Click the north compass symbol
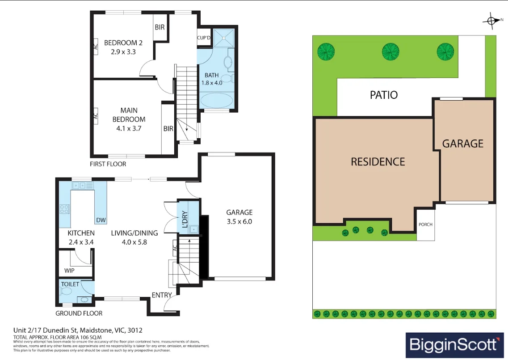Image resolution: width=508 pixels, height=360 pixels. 492,20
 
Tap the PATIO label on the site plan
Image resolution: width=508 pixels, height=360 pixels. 384,95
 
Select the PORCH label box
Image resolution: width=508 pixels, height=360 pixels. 425,224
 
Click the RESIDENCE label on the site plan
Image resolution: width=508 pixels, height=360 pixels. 378,161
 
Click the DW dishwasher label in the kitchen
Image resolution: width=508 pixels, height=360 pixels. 101,220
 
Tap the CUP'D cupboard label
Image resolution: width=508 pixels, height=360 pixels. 204,38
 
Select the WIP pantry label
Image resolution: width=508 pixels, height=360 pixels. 69,271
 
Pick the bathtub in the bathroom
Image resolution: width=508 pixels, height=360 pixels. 216,100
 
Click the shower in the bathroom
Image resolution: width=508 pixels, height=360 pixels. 223,38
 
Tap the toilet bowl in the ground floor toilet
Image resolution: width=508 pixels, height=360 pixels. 66,292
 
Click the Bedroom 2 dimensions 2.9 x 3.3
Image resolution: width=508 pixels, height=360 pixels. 123,51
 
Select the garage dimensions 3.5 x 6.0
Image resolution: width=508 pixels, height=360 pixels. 239,221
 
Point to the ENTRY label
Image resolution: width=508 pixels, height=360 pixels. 161,295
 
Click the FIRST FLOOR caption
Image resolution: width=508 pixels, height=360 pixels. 108,164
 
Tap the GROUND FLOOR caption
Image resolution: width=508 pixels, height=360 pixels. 79,313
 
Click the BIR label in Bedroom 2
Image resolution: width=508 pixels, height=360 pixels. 160,27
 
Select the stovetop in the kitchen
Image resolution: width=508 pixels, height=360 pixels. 65,209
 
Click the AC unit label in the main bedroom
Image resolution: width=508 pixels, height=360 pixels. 95,115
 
